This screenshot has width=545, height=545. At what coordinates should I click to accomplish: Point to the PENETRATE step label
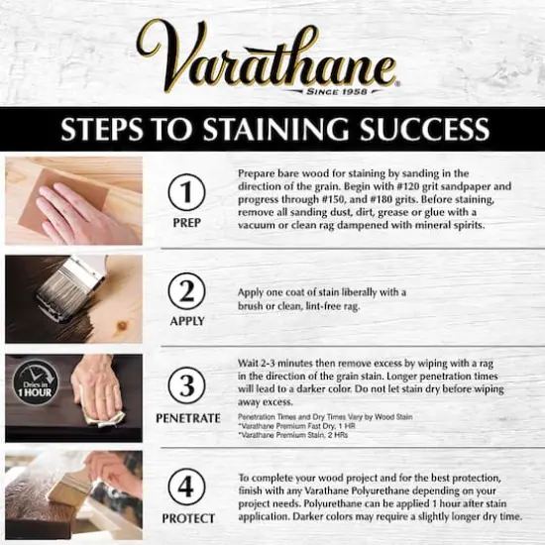[187, 418]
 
